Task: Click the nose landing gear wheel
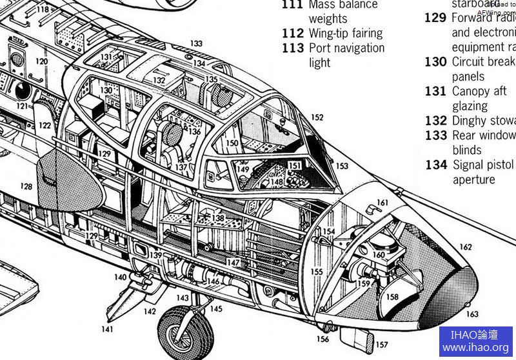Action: point(185,332)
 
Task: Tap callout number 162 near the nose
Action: point(465,247)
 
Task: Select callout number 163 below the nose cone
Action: point(472,314)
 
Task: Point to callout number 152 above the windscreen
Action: point(317,117)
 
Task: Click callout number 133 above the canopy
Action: point(196,44)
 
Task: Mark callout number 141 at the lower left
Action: point(107,329)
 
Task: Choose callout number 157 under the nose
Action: point(382,345)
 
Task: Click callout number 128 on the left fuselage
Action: point(26,186)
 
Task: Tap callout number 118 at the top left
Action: point(43,10)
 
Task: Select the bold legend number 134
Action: point(435,165)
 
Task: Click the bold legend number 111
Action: point(292,5)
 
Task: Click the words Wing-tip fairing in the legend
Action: point(345,33)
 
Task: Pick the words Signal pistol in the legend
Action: point(484,165)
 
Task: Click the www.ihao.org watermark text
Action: point(475,348)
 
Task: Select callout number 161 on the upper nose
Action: point(382,203)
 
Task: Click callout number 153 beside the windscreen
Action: point(342,166)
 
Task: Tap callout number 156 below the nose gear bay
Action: point(322,339)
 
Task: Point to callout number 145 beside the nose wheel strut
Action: point(215,309)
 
